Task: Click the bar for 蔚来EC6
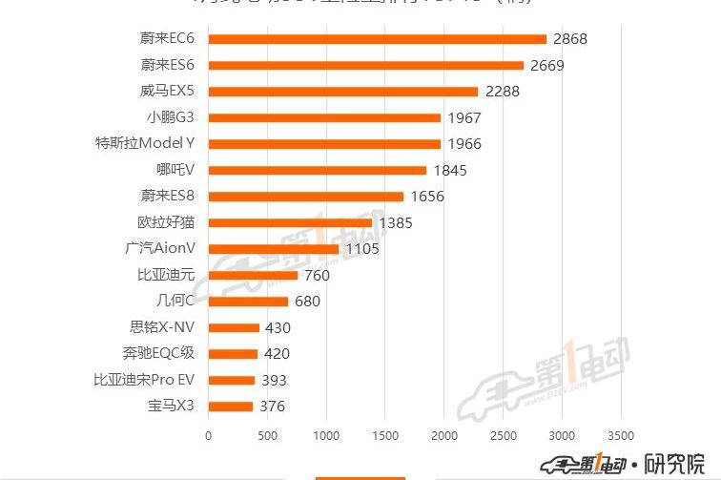[x=377, y=39]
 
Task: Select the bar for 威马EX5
[x=342, y=92]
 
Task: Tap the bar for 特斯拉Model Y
[x=324, y=144]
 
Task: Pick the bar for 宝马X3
[x=230, y=407]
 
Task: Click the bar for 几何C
[x=248, y=302]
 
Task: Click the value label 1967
[x=463, y=118]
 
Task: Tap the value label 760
[x=315, y=276]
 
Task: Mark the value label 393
[x=275, y=381]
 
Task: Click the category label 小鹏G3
[x=171, y=118]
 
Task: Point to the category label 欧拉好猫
[x=166, y=223]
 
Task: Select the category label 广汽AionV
[x=159, y=249]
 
